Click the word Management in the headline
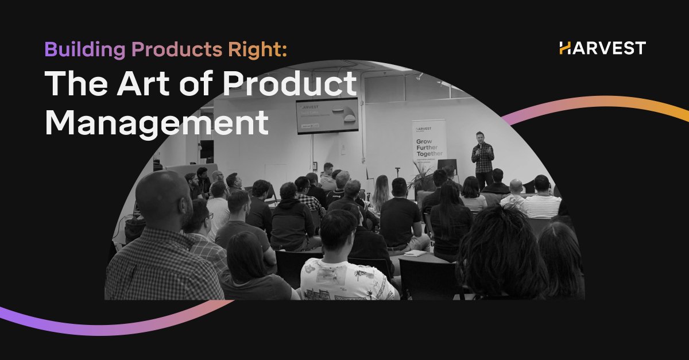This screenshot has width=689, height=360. pyautogui.click(x=157, y=121)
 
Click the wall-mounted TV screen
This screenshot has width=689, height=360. pyautogui.click(x=327, y=115)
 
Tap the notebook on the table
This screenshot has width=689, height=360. pyautogui.click(x=414, y=253)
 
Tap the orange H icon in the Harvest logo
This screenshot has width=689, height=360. pyautogui.click(x=566, y=48)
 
